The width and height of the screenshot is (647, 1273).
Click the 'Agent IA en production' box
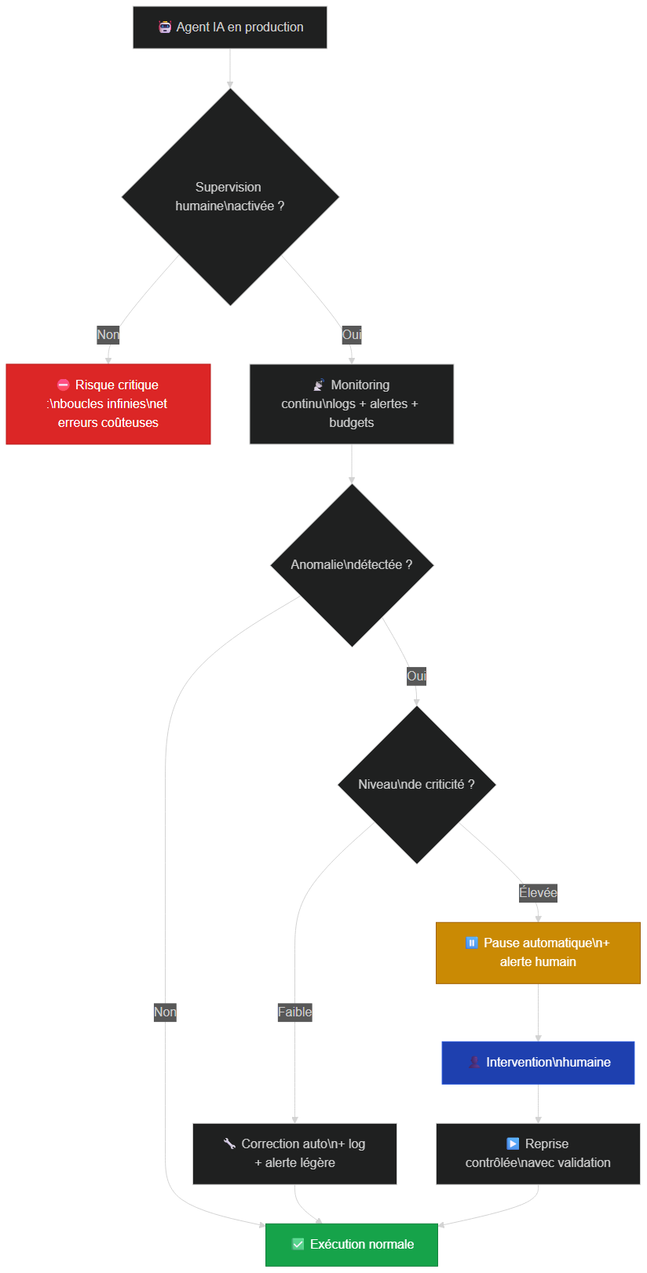[x=230, y=27]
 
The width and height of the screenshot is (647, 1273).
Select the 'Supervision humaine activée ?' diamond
[x=230, y=197]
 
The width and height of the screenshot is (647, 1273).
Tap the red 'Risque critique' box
[x=108, y=404]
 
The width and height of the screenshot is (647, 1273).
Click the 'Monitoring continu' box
[x=351, y=404]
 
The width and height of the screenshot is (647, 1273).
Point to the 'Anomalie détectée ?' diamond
[x=352, y=565]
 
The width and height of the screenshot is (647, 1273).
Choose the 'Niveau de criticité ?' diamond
[x=417, y=784]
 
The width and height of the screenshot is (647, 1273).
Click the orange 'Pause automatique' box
[x=538, y=953]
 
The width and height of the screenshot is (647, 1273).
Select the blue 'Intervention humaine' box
[x=538, y=1063]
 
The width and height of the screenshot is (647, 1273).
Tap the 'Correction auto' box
[x=294, y=1154]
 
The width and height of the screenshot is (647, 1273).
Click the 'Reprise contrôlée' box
[x=538, y=1154]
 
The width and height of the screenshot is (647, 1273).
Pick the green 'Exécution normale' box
[x=351, y=1245]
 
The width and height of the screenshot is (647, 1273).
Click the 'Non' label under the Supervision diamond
[x=108, y=334]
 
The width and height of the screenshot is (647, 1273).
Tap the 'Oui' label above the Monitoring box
[x=351, y=334]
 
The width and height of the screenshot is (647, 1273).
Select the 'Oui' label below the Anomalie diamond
[x=416, y=677]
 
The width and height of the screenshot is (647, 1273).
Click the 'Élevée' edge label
[x=538, y=893]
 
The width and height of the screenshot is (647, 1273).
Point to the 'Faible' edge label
[x=294, y=1012]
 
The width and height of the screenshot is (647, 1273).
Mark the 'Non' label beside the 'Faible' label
[x=165, y=1012]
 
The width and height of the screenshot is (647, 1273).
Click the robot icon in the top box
[x=165, y=27]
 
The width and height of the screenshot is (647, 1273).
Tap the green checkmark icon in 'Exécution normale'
[x=298, y=1245]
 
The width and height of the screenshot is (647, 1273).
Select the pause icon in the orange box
[x=471, y=943]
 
